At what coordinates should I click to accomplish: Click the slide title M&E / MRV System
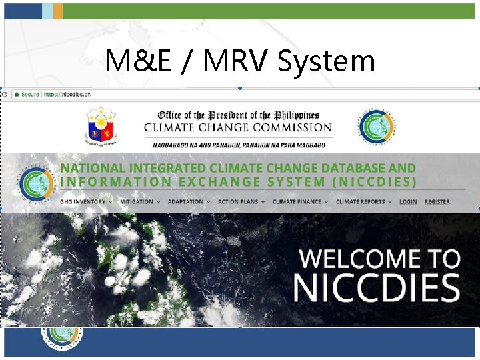(240, 61)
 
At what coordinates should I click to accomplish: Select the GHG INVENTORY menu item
(83, 201)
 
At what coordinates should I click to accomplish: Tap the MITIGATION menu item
(137, 201)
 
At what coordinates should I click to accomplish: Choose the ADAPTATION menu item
(186, 201)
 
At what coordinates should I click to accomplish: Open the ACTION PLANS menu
(238, 201)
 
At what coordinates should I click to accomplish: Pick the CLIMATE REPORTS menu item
(361, 201)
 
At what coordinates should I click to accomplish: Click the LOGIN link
(408, 201)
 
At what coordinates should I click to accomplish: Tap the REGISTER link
(437, 201)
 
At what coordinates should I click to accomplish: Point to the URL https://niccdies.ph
(66, 95)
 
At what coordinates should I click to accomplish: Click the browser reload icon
(5, 95)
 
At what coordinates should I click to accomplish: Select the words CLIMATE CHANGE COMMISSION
(238, 127)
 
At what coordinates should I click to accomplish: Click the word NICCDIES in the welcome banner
(377, 287)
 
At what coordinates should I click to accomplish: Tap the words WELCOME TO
(379, 259)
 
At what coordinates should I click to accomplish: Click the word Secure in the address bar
(30, 95)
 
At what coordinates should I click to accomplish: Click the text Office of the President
(238, 115)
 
